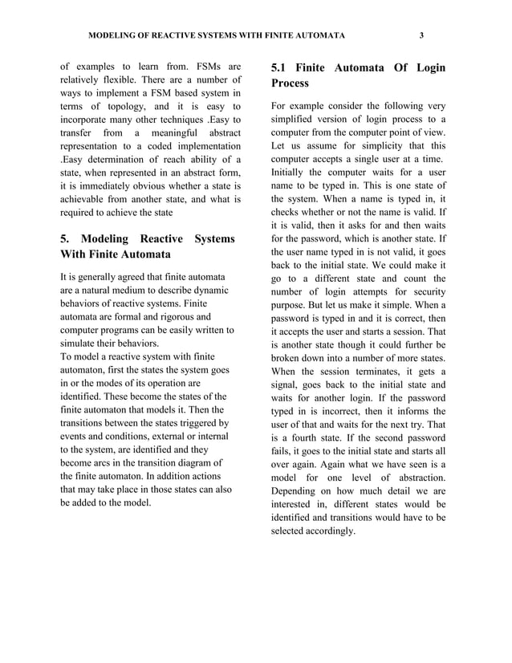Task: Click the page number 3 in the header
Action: tap(421, 35)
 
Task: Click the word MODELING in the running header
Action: tap(112, 35)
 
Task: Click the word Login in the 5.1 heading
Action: tap(427, 68)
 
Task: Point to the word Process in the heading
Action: tap(290, 83)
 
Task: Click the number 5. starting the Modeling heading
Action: tap(67, 238)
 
